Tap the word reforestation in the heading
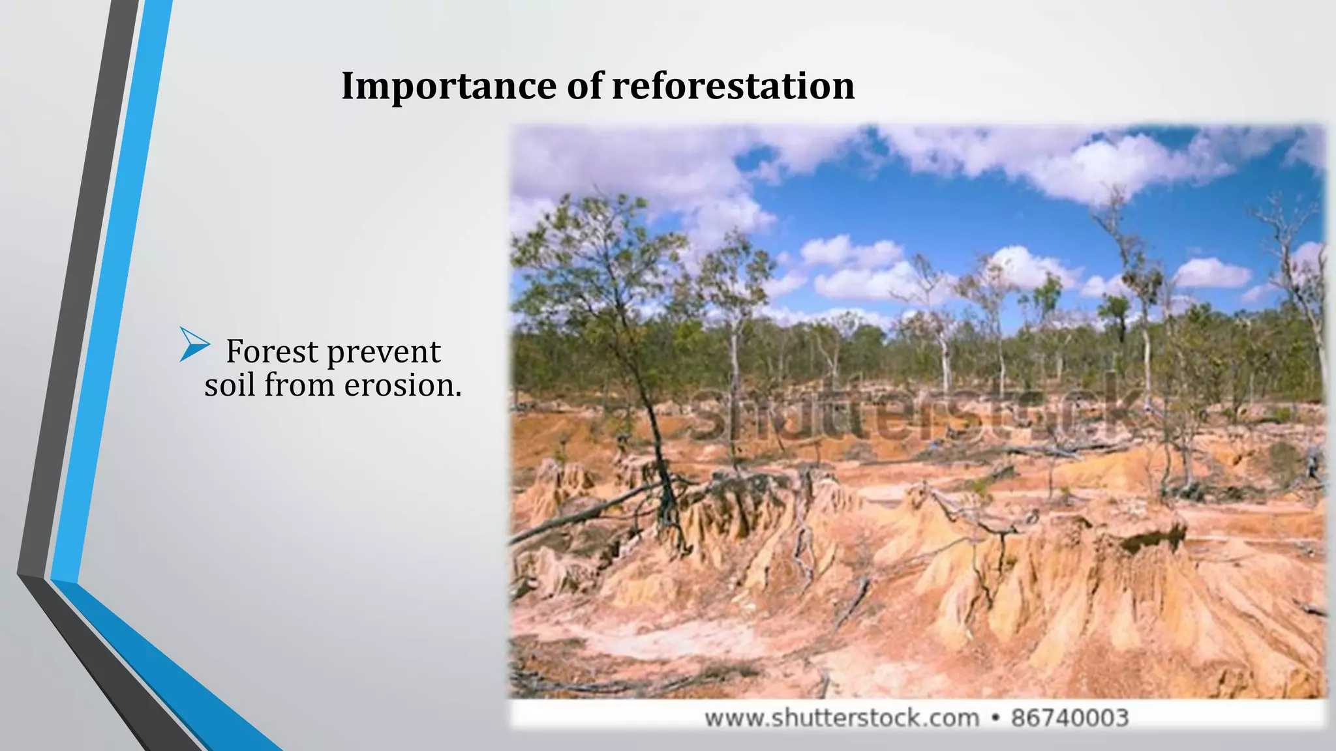tap(733, 86)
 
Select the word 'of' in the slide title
tap(584, 86)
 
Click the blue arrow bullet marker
tap(194, 344)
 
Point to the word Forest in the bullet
tap(273, 352)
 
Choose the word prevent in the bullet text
tap(384, 353)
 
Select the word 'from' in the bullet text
tap(300, 385)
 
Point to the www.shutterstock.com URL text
tap(842, 718)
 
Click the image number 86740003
tap(1070, 718)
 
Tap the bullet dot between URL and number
tap(995, 718)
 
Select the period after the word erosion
tap(458, 394)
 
